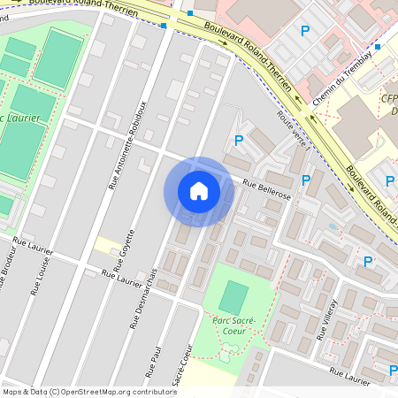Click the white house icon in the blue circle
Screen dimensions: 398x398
pos(199,191)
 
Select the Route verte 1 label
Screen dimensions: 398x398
pos(294,129)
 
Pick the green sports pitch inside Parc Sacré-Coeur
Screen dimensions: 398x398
pos(233,295)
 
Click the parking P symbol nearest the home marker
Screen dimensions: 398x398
pos(238,140)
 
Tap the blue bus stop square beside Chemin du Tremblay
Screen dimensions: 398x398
pos(378,47)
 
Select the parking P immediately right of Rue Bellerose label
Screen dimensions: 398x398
pos(306,180)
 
